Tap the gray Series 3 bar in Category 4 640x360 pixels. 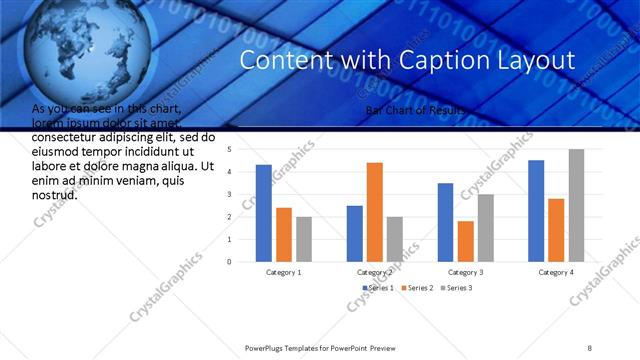tap(576, 205)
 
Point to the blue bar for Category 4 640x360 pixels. tap(536, 211)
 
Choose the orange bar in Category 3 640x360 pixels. tap(465, 241)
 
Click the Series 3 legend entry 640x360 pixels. tap(455, 288)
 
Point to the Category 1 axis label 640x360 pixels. tap(284, 271)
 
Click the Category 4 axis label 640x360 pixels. tap(556, 271)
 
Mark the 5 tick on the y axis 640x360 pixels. tap(230, 150)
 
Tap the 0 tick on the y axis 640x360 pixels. tap(230, 262)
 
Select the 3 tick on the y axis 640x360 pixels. tap(230, 195)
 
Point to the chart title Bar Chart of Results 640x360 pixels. tap(415, 110)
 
